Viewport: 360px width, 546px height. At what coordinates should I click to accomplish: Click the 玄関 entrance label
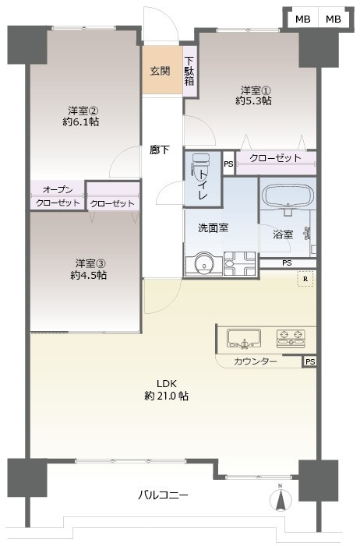tap(160, 71)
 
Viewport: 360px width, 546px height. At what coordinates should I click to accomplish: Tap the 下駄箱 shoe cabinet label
tap(189, 71)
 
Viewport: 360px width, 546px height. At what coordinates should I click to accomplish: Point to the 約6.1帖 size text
tap(83, 122)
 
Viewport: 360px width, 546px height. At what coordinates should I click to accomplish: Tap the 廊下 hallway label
tap(160, 150)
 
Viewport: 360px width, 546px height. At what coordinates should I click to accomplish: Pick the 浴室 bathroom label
tap(283, 234)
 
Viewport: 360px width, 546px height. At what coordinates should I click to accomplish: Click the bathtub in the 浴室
tap(287, 196)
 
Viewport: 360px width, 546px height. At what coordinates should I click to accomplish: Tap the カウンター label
tap(256, 361)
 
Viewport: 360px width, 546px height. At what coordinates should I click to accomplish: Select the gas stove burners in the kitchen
tap(291, 337)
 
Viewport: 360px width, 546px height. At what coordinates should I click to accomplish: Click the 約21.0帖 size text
tap(166, 396)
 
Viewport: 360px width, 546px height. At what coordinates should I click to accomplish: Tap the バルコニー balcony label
tap(164, 494)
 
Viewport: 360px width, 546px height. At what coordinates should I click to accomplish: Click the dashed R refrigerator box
tap(305, 279)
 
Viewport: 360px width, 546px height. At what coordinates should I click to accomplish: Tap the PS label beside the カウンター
tap(310, 361)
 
